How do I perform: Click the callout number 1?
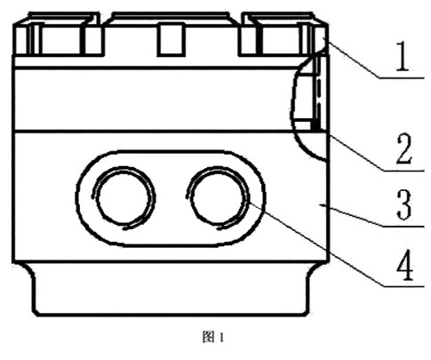[403, 56]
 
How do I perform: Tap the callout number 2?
[404, 149]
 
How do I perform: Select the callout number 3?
[404, 205]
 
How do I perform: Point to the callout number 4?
[405, 266]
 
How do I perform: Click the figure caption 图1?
[213, 337]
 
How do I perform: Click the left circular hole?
[124, 197]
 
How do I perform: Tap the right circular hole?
[218, 198]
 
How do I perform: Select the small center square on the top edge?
[171, 40]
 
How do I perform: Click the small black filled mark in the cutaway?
[315, 125]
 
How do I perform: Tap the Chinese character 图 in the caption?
[207, 337]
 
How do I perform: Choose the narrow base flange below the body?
[171, 289]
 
